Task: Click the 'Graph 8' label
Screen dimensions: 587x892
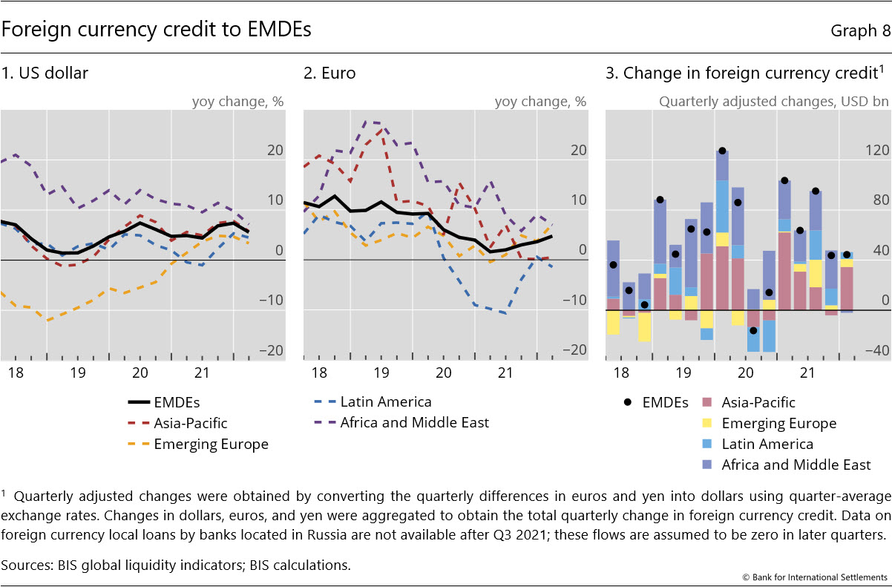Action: click(x=860, y=30)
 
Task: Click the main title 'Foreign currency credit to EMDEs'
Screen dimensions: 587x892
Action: click(x=156, y=30)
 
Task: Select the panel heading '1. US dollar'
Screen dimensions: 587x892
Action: click(x=46, y=73)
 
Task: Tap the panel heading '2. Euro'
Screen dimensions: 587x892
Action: click(x=329, y=73)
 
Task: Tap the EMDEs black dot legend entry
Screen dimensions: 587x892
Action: click(x=657, y=403)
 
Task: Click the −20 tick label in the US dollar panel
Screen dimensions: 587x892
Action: click(x=272, y=351)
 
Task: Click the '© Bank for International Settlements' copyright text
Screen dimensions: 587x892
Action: click(x=814, y=577)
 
